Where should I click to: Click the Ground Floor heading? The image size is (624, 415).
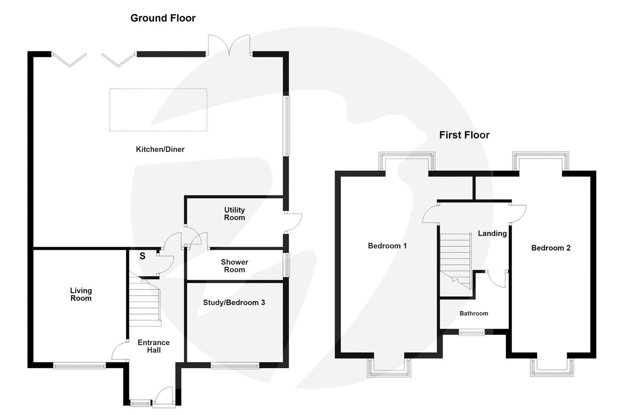click(x=163, y=18)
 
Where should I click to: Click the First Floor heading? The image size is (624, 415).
click(x=464, y=135)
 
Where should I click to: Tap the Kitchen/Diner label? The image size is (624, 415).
click(x=160, y=150)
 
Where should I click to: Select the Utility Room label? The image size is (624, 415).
click(x=234, y=214)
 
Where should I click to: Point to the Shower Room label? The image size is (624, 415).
click(x=234, y=266)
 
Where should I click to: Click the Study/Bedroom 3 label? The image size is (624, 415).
click(x=234, y=303)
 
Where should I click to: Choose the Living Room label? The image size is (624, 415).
click(x=81, y=295)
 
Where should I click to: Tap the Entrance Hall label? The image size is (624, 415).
click(x=153, y=346)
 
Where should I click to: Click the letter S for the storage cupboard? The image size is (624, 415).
click(x=142, y=256)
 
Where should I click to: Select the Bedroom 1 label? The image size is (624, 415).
click(x=387, y=246)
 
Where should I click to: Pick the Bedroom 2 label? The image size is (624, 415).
click(x=550, y=248)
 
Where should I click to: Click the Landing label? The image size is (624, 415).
click(x=492, y=233)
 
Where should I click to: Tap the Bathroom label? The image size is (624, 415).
click(x=474, y=313)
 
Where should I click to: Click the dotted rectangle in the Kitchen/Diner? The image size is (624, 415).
click(x=158, y=110)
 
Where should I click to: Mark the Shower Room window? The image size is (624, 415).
click(x=287, y=265)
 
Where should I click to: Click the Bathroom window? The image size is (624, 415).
click(x=472, y=331)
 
